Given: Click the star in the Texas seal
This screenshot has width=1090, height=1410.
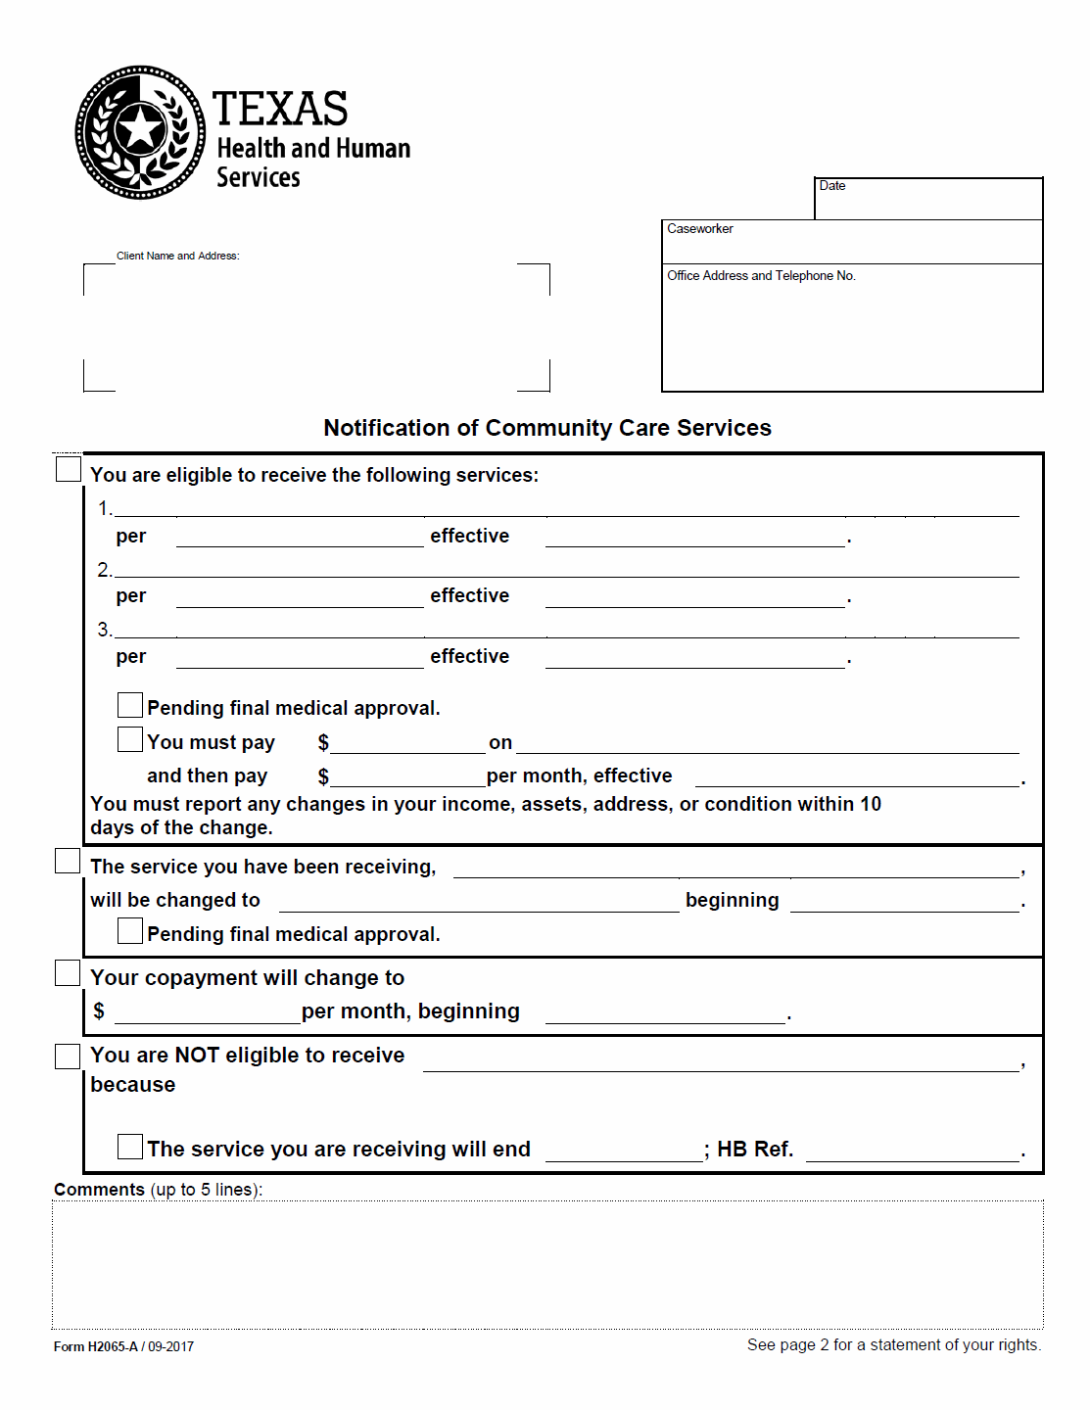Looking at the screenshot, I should (x=141, y=129).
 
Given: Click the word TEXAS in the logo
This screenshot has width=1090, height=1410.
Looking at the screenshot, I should (x=280, y=109).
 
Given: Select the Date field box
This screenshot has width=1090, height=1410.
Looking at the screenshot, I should (x=928, y=199).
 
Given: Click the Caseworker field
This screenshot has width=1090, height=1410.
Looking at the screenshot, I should (x=852, y=242).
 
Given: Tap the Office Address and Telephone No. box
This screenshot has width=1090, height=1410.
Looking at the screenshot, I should (x=852, y=328).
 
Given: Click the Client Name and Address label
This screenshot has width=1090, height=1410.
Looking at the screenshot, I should (x=177, y=257).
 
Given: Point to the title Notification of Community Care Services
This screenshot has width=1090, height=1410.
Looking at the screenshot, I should (x=547, y=428).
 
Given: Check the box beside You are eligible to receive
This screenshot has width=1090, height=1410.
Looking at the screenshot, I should (x=69, y=469).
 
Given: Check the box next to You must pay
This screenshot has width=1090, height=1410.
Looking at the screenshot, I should (x=130, y=739).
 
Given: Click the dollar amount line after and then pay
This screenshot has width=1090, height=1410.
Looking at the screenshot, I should (x=407, y=777).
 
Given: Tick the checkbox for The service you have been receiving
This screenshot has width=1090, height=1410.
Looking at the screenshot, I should (x=68, y=861).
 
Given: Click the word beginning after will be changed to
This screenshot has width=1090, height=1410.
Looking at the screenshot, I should (x=732, y=901).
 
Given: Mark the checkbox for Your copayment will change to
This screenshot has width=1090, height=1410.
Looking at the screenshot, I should (x=68, y=972).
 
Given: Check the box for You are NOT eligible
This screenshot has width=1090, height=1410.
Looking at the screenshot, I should (x=68, y=1056).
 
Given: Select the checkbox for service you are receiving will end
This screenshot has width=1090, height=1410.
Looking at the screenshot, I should (x=130, y=1147).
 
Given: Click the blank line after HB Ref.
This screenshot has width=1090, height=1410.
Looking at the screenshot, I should (x=912, y=1151).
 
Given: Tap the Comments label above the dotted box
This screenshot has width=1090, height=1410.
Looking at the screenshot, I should (x=99, y=1190).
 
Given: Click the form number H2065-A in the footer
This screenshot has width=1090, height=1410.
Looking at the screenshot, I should (x=113, y=1347).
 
